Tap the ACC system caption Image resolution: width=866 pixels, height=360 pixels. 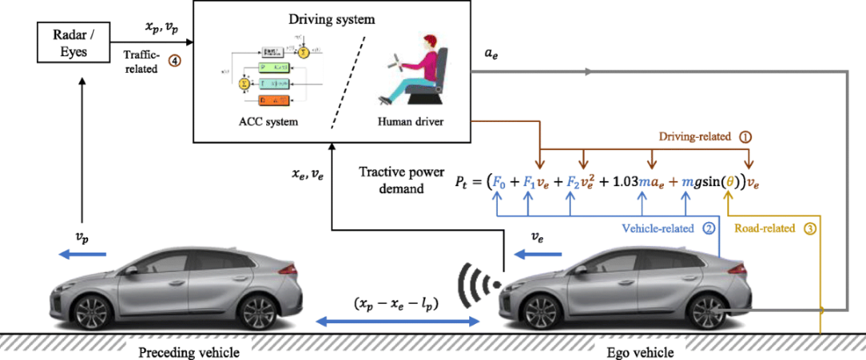(x=252, y=122)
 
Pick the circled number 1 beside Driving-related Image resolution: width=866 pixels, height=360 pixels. (x=746, y=136)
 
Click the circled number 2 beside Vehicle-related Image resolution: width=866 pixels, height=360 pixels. (x=708, y=228)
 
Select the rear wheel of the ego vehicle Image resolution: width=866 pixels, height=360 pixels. (x=708, y=311)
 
